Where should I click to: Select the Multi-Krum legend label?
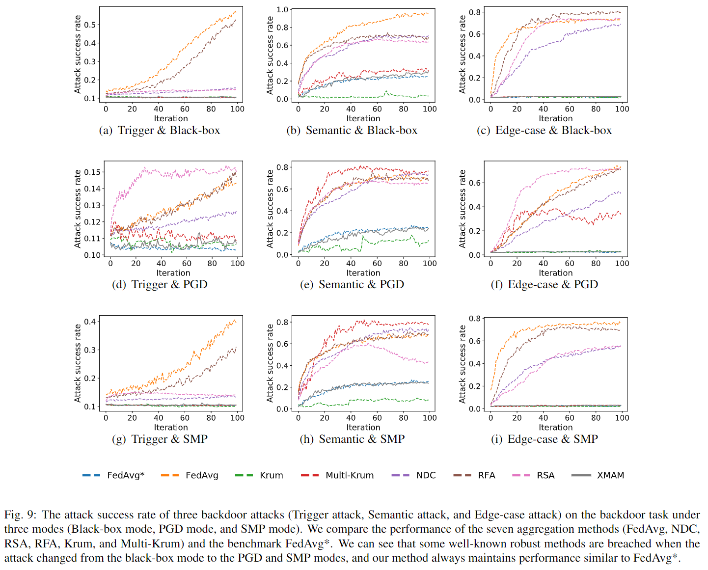coord(350,475)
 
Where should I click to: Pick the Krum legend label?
coord(271,475)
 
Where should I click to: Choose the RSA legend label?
coord(545,475)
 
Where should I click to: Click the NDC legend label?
coord(426,475)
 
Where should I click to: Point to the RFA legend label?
coord(487,475)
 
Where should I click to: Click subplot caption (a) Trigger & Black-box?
coord(160,131)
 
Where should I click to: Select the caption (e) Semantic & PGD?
coord(352,285)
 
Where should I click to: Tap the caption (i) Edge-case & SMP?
coord(545,439)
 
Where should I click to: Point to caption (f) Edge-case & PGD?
coord(545,285)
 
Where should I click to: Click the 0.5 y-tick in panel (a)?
coord(90,25)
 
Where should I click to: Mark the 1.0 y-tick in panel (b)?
coord(282,9)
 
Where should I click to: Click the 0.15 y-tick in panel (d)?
coord(92,172)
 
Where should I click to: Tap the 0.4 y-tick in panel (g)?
coord(90,322)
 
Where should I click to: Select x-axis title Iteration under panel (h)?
coord(363,428)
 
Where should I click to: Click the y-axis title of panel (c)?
coord(462,54)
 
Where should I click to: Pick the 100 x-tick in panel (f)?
coord(622,264)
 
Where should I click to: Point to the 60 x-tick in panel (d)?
coord(187,264)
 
